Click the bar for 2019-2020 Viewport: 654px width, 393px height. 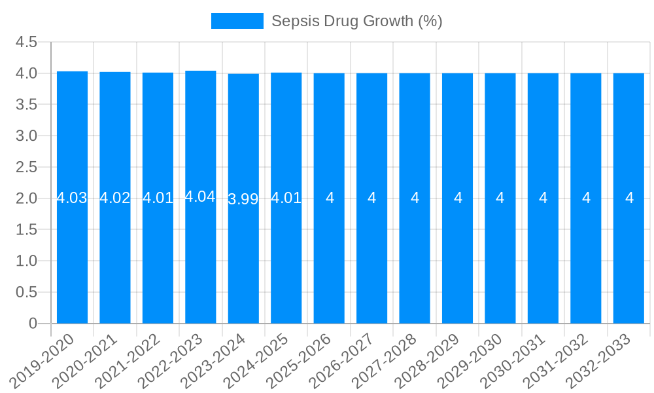[x=72, y=249]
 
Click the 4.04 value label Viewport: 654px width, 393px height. [x=200, y=196]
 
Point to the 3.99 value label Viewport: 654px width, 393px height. [x=243, y=199]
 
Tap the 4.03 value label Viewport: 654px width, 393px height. [x=72, y=198]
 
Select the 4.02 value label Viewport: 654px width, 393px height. [x=115, y=198]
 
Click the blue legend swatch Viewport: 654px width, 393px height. [x=237, y=21]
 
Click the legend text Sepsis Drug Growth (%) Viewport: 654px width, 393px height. [x=356, y=21]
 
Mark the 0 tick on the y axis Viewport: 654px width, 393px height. [x=33, y=324]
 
